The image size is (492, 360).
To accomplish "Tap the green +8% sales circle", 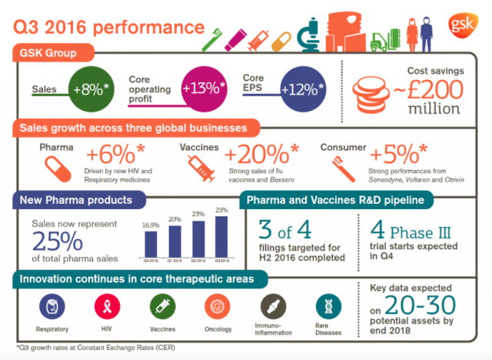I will [x=91, y=88].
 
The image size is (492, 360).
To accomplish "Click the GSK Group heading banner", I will [x=54, y=54].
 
